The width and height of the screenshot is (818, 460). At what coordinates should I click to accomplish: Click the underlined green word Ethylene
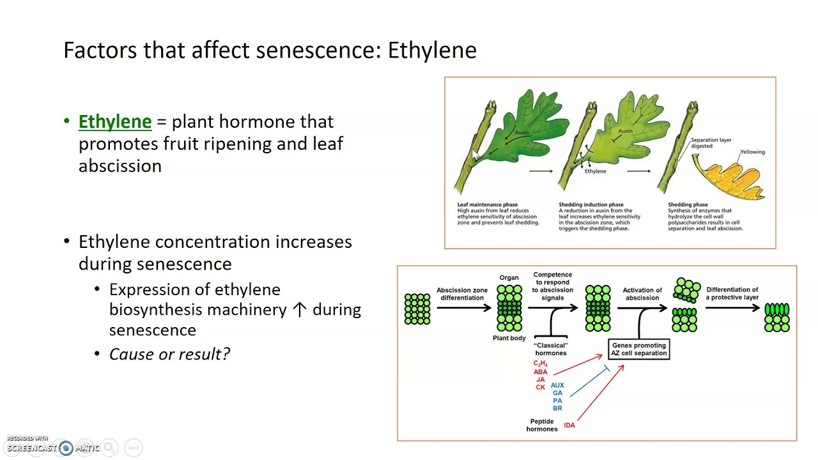tap(115, 121)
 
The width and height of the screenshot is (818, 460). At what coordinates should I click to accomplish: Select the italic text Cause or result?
tap(169, 354)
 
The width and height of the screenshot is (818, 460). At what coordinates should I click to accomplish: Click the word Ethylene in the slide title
tap(432, 50)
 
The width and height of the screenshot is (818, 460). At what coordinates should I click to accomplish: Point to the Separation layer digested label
tap(711, 142)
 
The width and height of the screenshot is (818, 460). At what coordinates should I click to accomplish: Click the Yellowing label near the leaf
tap(752, 152)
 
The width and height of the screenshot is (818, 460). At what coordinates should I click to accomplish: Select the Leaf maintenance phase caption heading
tap(487, 204)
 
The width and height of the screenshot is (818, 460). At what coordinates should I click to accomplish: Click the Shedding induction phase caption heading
tap(590, 204)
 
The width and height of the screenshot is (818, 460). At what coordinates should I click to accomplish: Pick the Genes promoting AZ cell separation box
tap(638, 349)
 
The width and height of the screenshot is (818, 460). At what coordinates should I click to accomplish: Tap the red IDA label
tap(569, 425)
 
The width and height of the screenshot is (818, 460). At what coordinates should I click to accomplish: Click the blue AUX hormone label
tap(557, 385)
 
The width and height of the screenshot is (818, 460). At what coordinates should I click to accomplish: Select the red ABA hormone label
tap(541, 372)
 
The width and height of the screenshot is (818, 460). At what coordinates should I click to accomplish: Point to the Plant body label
tap(509, 338)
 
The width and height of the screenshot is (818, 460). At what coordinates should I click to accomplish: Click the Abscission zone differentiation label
tap(462, 294)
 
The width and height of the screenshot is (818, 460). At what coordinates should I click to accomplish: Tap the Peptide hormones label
tap(542, 425)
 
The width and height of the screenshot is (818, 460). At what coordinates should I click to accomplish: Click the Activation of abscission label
tap(642, 294)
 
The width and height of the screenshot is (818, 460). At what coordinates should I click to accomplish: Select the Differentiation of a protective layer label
tap(732, 293)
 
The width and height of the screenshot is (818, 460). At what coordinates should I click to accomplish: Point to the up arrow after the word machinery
tap(299, 310)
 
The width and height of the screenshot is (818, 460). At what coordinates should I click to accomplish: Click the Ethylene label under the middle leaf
tap(595, 171)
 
